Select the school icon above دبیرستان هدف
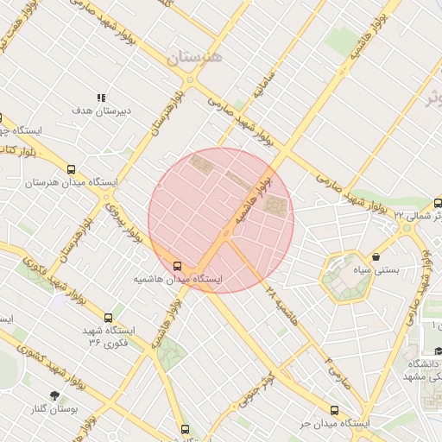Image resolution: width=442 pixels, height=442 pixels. [x=101, y=98]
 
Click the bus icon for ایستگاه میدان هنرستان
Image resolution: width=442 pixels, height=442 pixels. [x=72, y=169]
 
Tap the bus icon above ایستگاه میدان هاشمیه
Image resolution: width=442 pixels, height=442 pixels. [x=178, y=266]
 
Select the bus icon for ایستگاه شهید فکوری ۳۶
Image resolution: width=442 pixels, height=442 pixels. [x=108, y=318]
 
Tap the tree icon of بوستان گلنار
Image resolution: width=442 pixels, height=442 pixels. [x=57, y=395]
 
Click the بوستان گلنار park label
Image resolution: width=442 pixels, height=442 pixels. [x=55, y=409]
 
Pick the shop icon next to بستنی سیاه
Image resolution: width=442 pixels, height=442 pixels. [x=376, y=256]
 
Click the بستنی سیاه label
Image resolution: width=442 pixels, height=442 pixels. [x=379, y=270]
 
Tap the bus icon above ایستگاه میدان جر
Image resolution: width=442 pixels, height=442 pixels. [x=334, y=410]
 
